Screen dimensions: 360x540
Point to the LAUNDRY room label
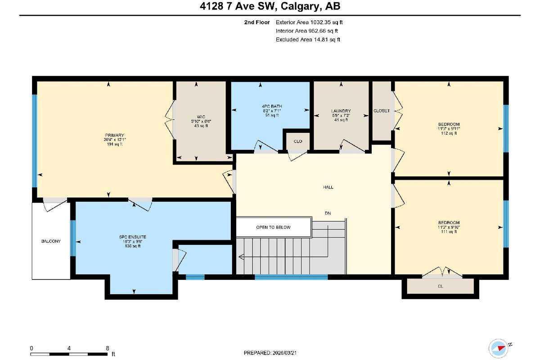pyautogui.click(x=341, y=111)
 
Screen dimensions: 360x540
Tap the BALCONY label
pyautogui.click(x=50, y=241)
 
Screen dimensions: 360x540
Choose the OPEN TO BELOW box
pyautogui.click(x=273, y=227)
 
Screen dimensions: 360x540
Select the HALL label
pyautogui.click(x=328, y=187)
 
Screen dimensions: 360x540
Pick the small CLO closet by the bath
pyautogui.click(x=297, y=141)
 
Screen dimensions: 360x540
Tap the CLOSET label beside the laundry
pyautogui.click(x=382, y=111)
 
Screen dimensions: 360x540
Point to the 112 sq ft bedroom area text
pyautogui.click(x=449, y=133)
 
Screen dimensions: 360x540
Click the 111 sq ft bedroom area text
pyautogui.click(x=449, y=232)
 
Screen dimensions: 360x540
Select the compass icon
pyautogui.click(x=499, y=347)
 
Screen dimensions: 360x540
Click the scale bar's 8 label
pyautogui.click(x=107, y=348)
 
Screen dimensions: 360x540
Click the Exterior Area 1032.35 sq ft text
pyautogui.click(x=312, y=22)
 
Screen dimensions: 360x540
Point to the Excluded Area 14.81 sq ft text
pyautogui.click(x=308, y=40)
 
